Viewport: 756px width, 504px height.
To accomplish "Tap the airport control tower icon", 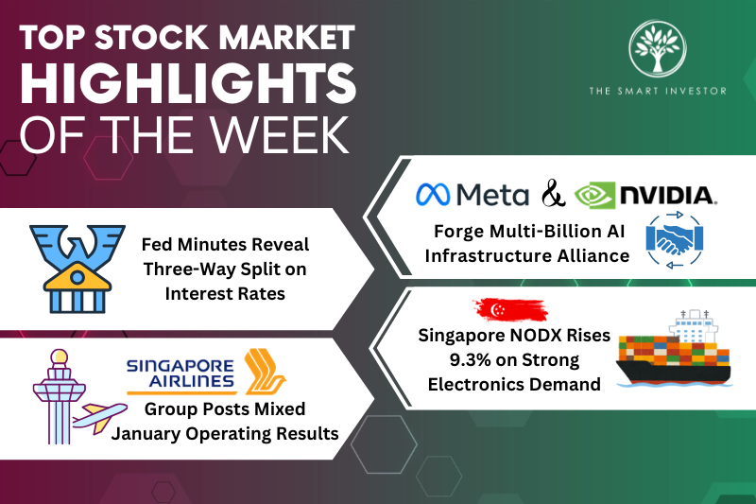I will click(x=52, y=397).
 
